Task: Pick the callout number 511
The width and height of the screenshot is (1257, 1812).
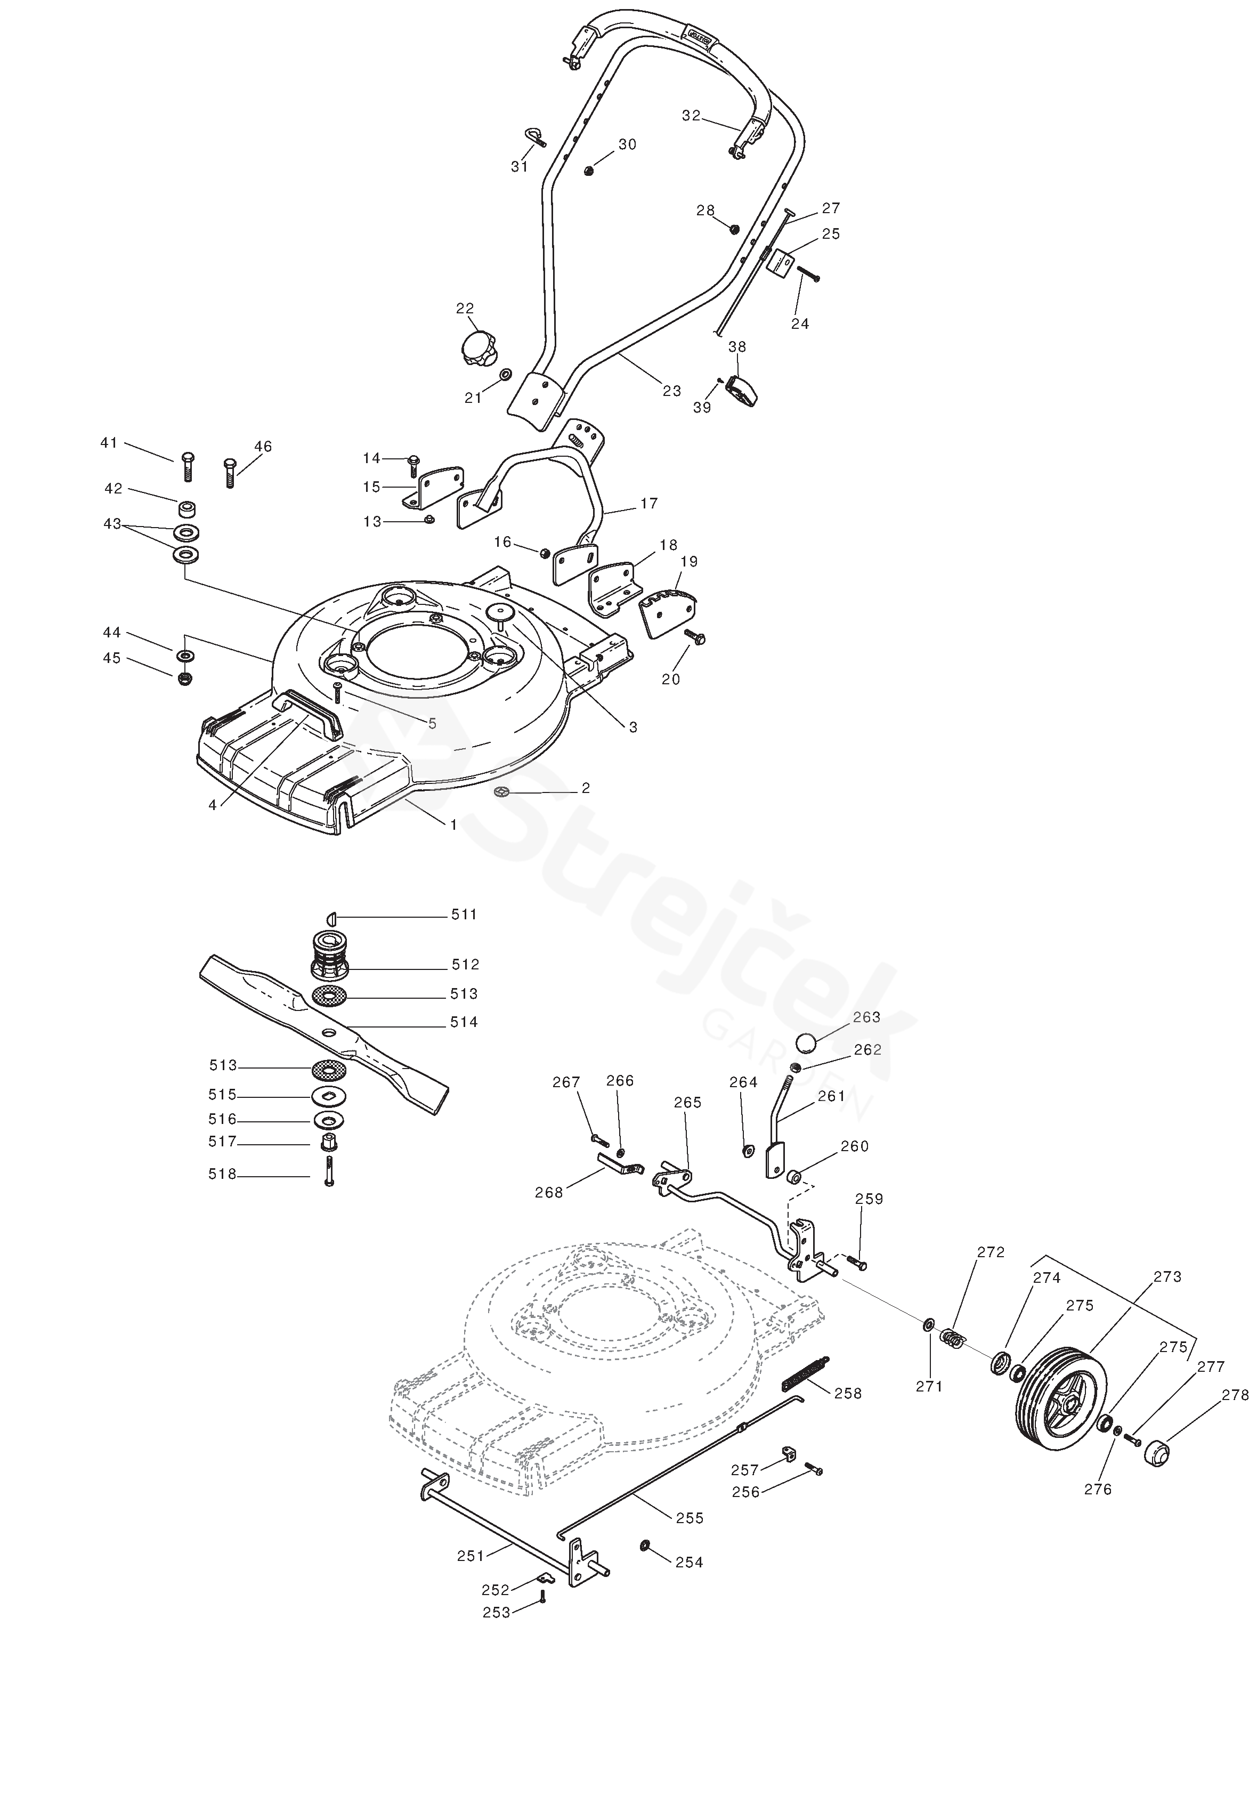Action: [464, 915]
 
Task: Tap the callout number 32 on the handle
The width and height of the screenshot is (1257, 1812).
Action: [691, 116]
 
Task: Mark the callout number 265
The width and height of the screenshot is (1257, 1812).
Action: [687, 1103]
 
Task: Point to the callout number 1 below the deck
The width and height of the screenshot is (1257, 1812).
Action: [453, 824]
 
